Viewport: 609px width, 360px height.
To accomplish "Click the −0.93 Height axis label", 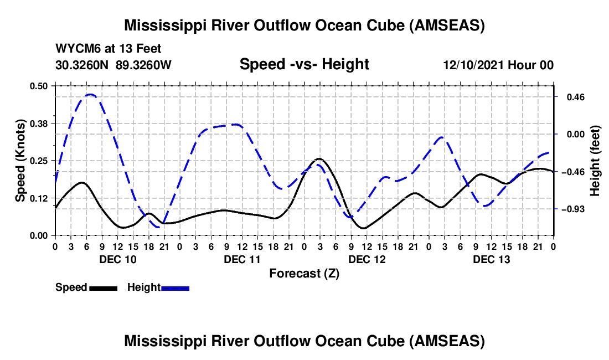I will pyautogui.click(x=571, y=209).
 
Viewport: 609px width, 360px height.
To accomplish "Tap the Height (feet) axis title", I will pyautogui.click(x=595, y=161).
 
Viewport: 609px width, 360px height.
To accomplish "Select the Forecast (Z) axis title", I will pyautogui.click(x=304, y=273).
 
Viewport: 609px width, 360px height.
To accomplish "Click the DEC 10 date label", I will pyautogui.click(x=117, y=259).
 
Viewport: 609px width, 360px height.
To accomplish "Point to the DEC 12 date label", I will pyautogui.click(x=367, y=259).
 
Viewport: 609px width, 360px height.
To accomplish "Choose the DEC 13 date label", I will pyautogui.click(x=491, y=259).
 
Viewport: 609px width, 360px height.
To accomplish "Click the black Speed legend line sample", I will pyautogui.click(x=103, y=287).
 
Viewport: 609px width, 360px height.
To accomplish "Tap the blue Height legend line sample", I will pyautogui.click(x=176, y=287).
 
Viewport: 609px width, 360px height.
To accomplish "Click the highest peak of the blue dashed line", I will pyautogui.click(x=90, y=95).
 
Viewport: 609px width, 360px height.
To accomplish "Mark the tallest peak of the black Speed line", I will pyautogui.click(x=319, y=159).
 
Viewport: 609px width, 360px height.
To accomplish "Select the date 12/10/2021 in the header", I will pyautogui.click(x=473, y=65).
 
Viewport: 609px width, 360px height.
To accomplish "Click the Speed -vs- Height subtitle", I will pyautogui.click(x=304, y=64).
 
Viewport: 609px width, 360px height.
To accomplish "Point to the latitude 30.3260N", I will pyautogui.click(x=82, y=65).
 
